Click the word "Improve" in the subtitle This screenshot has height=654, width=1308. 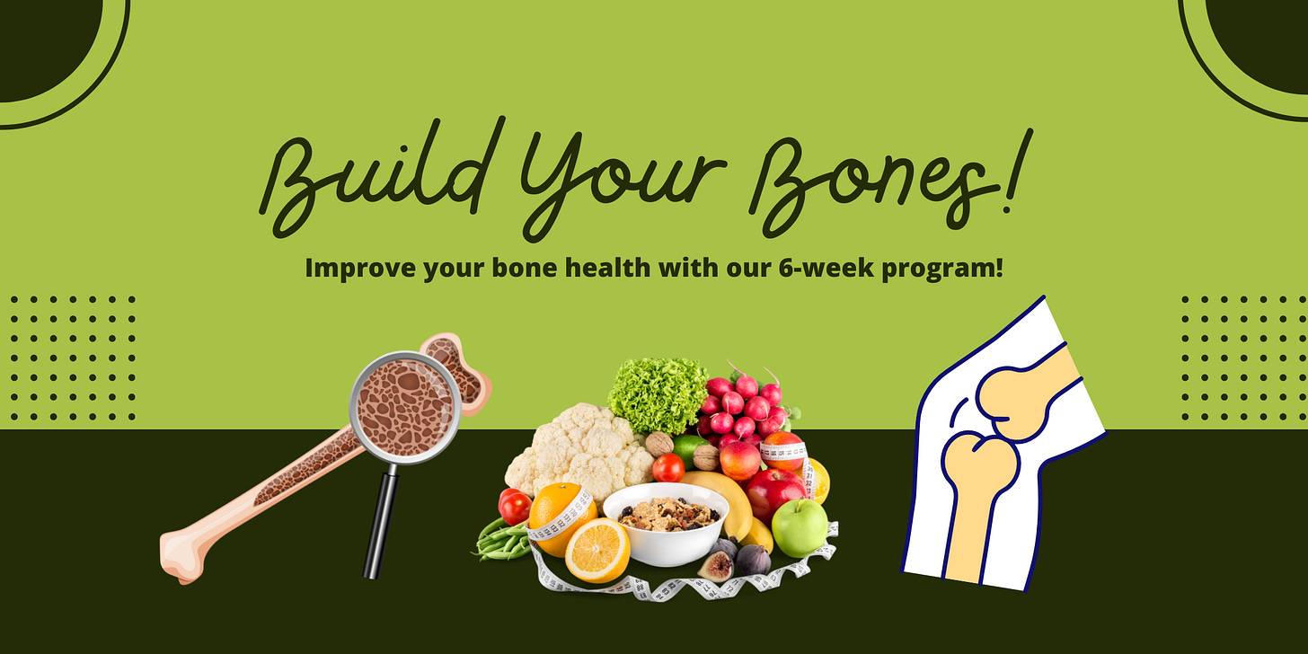[355, 268]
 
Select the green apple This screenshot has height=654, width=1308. [799, 527]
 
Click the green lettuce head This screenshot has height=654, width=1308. [657, 394]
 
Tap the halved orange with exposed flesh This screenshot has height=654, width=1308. [597, 550]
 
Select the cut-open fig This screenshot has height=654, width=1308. [716, 566]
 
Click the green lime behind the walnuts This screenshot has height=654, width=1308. [686, 446]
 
